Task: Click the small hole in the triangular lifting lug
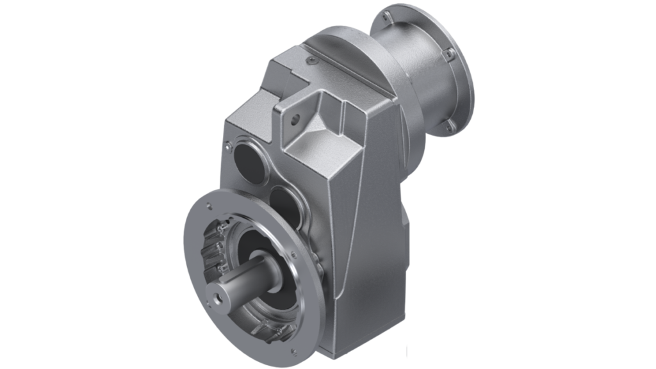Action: tap(295, 118)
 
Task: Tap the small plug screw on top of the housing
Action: tap(311, 59)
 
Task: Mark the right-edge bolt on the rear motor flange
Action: tap(450, 52)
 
